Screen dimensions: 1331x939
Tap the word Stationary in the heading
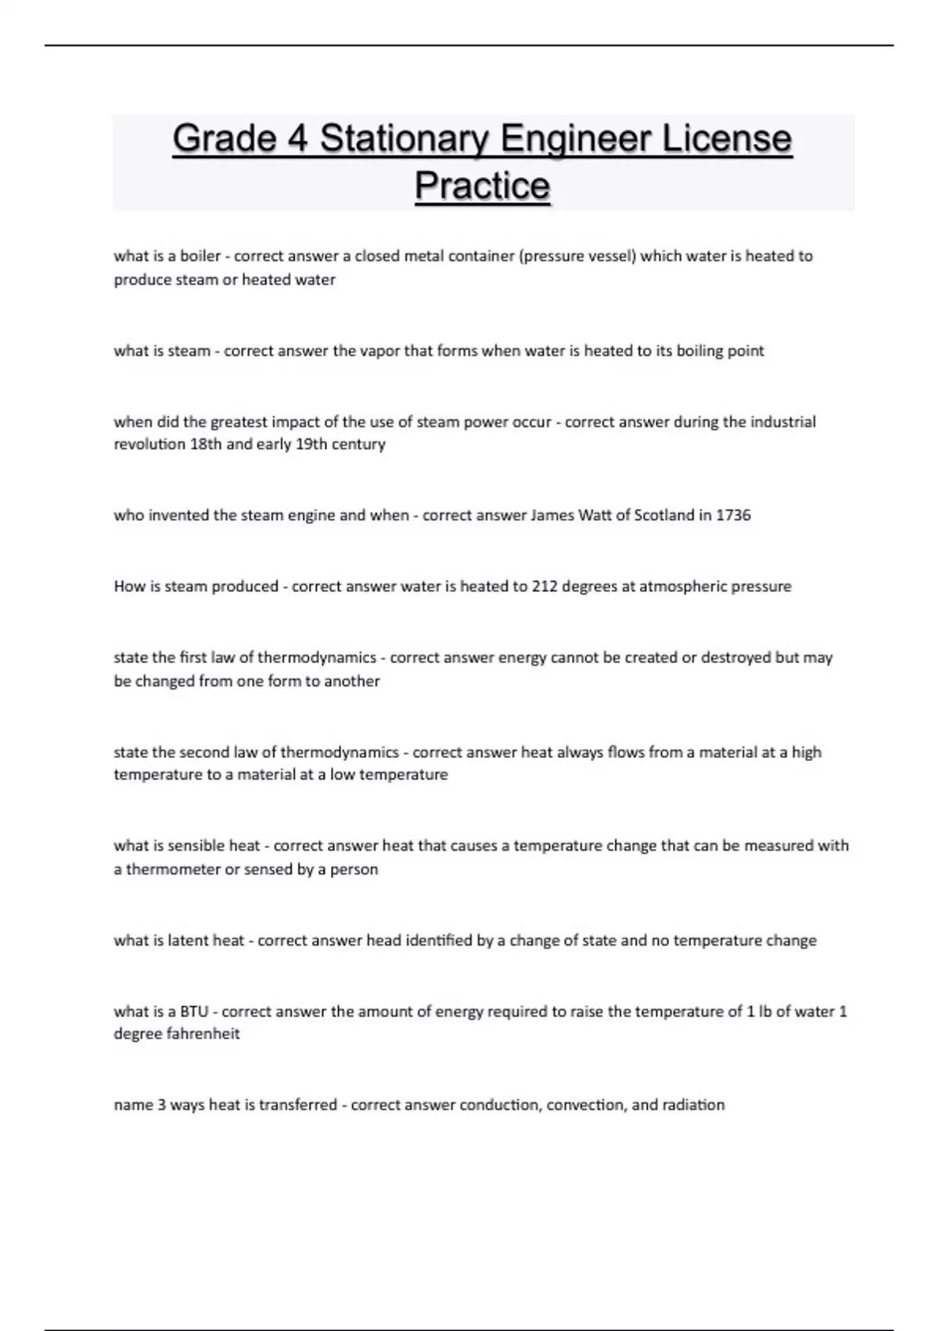405,139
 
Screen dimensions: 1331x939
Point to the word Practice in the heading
482,186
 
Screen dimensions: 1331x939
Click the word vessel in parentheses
613,256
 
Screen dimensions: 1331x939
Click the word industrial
782,422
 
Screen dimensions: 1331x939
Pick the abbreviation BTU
194,1012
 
